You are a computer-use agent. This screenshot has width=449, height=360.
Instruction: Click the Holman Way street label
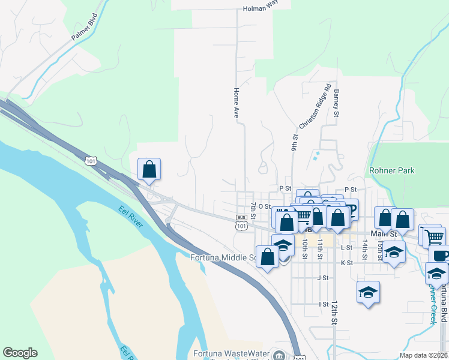(261, 9)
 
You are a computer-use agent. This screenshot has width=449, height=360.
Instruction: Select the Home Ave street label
(237, 103)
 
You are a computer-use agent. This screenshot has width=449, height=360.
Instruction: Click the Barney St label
(337, 103)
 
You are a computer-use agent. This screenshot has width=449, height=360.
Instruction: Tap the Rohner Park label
(392, 171)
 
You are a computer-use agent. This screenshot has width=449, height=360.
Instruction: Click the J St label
(324, 278)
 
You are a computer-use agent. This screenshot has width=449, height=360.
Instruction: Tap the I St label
(324, 304)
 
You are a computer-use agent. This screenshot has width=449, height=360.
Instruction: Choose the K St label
(346, 263)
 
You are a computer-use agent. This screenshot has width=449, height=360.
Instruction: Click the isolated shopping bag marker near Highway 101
(149, 169)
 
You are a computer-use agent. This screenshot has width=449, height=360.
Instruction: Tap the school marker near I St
(369, 293)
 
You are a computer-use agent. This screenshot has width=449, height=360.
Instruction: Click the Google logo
(20, 353)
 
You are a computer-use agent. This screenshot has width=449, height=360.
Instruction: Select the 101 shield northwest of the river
(91, 161)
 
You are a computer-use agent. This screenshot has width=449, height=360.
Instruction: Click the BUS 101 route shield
(241, 221)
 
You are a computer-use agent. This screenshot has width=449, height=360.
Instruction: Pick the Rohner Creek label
(432, 304)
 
